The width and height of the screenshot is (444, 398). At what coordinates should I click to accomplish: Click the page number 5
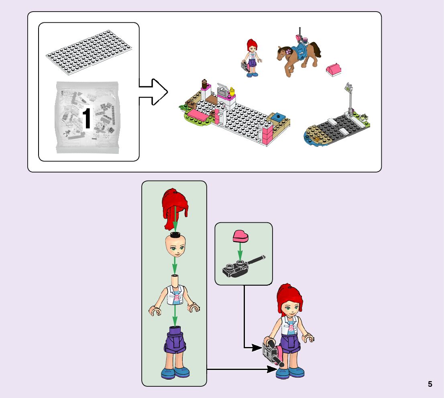[x=430, y=384]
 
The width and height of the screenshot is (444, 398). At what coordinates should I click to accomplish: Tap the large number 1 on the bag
[x=87, y=119]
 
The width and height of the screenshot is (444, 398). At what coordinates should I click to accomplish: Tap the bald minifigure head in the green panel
[x=175, y=246]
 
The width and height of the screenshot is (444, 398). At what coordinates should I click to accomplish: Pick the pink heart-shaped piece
[x=240, y=236]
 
